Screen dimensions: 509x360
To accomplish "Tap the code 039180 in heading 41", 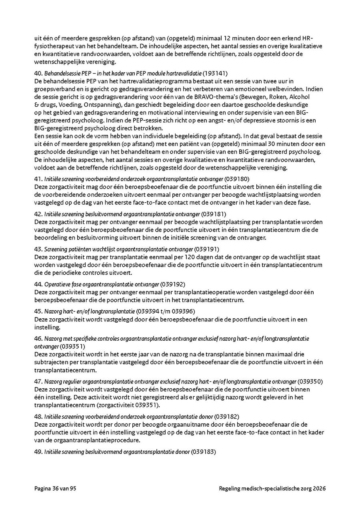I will tap(239, 179).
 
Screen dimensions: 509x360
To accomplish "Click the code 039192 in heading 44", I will tap(173, 284).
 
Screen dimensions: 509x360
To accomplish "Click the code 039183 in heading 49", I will tap(204, 452).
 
